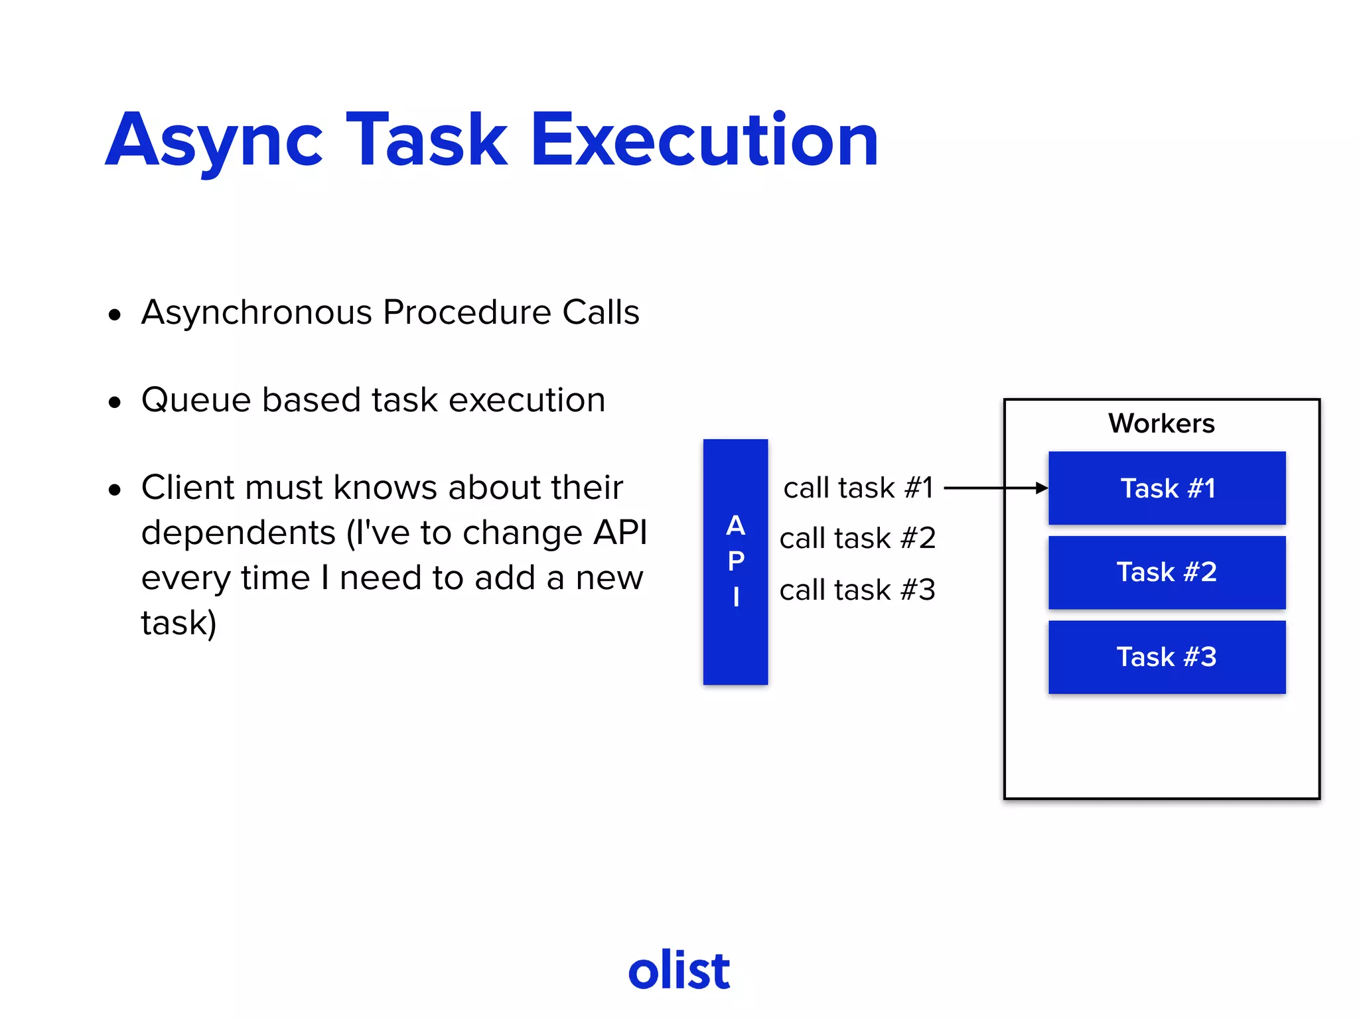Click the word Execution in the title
(705, 141)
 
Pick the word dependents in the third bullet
(238, 533)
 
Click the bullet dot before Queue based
(115, 402)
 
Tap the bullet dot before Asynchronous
(115, 314)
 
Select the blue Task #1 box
(1167, 488)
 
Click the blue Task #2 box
(1167, 573)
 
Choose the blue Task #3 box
(1167, 657)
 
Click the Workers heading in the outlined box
(1161, 423)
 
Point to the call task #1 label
(858, 488)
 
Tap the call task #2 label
(857, 538)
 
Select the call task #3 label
(857, 590)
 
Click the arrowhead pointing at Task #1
(1042, 488)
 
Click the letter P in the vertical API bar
(736, 561)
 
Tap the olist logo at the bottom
(679, 970)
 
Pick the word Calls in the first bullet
(601, 312)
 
